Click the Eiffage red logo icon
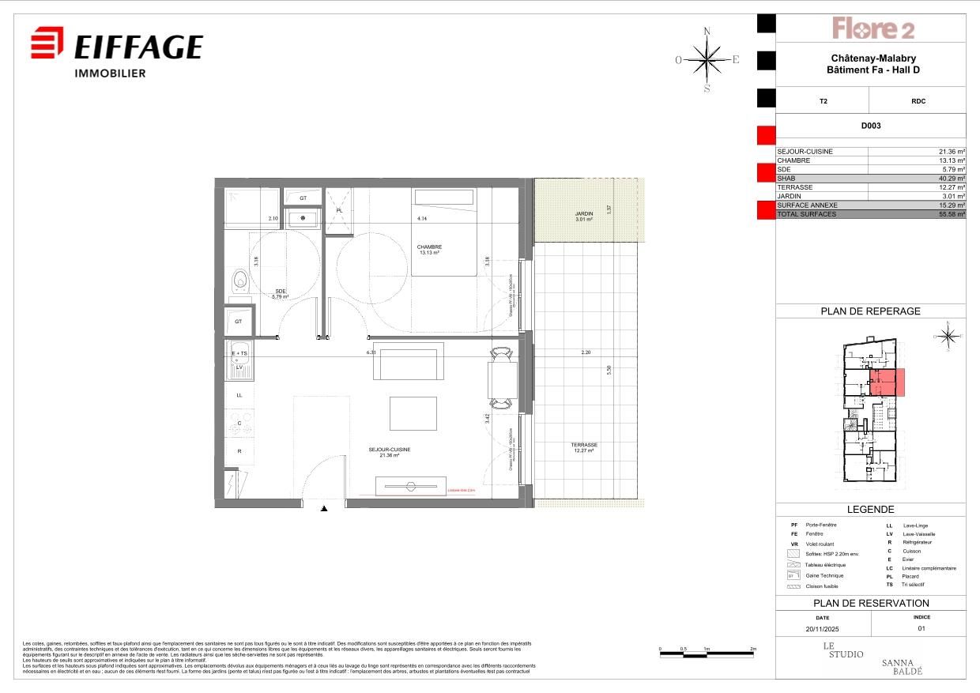click(47, 43)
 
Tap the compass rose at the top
click(707, 59)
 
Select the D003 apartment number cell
click(871, 126)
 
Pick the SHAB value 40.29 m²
click(949, 179)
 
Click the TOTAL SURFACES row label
click(806, 214)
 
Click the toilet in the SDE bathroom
click(239, 280)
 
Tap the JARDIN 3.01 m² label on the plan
click(583, 217)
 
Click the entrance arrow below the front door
click(323, 510)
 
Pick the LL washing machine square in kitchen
click(239, 394)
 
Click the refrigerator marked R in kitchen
click(239, 451)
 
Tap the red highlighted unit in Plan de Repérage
click(888, 382)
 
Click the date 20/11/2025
click(823, 630)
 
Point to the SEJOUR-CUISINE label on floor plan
click(389, 452)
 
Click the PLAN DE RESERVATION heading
click(871, 603)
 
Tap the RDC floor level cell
click(918, 101)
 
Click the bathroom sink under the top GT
click(303, 218)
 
